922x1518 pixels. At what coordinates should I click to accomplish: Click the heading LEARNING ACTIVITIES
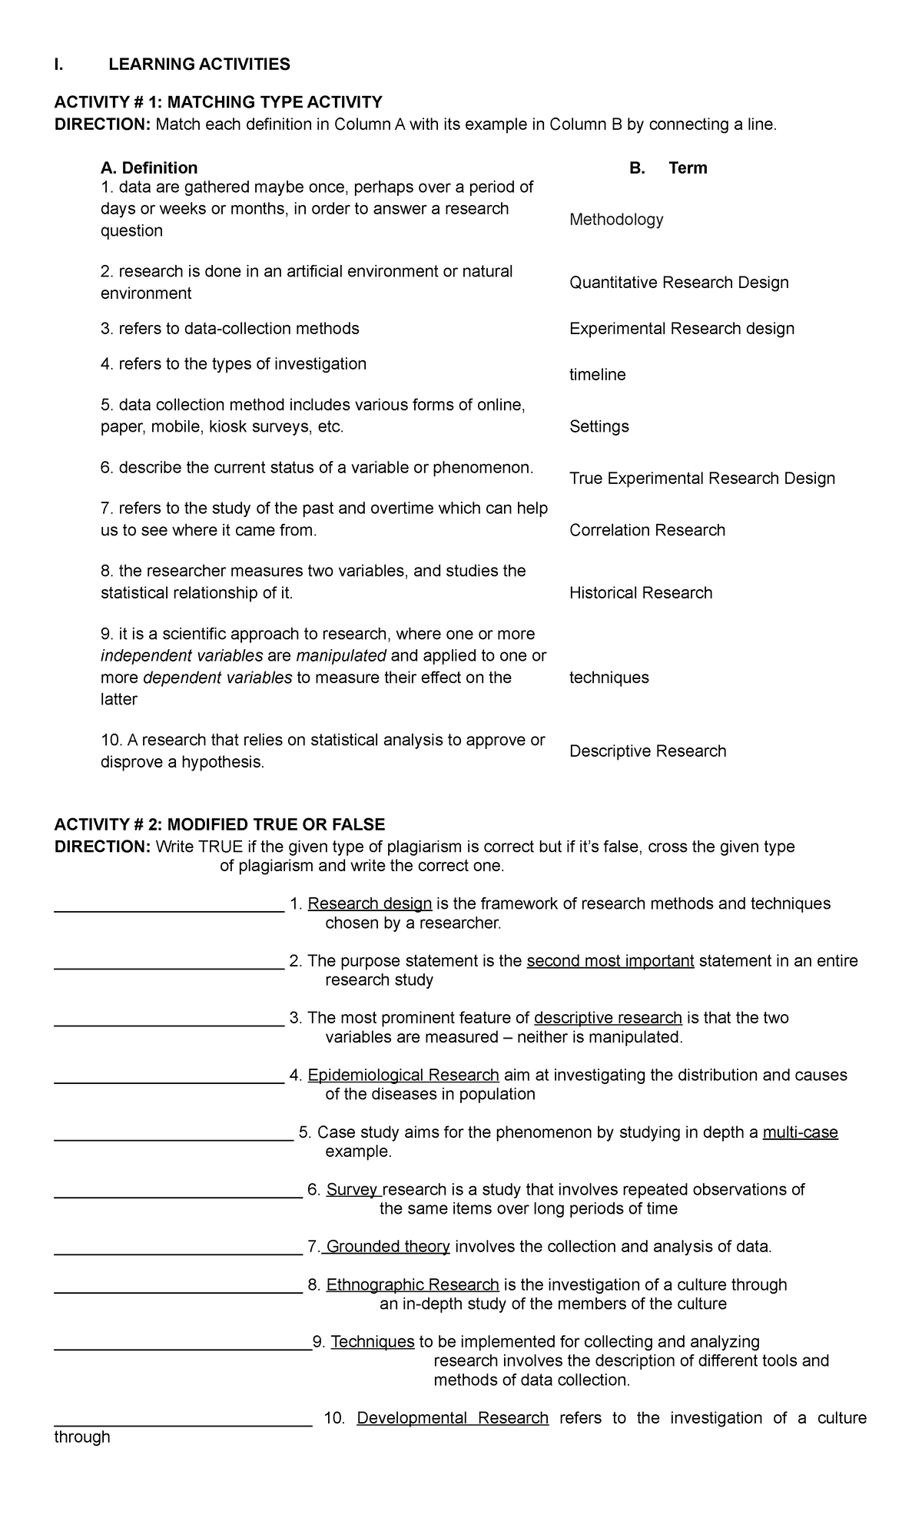click(199, 65)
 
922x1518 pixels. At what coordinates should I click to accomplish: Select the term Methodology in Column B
click(616, 220)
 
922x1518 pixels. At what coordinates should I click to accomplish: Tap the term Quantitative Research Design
click(679, 283)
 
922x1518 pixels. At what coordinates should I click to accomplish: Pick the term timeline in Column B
click(598, 375)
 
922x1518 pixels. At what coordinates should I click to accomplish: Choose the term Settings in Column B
click(599, 426)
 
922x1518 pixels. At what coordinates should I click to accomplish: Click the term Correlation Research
click(647, 530)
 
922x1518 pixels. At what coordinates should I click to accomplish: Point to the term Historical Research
click(641, 593)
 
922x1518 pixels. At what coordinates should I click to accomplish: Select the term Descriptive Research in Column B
click(648, 751)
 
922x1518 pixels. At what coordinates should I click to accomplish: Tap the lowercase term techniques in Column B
click(609, 678)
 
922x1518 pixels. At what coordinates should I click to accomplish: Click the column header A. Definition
click(149, 168)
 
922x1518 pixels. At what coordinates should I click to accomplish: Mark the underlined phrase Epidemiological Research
click(403, 1076)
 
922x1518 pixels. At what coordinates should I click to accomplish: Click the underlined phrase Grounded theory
click(388, 1247)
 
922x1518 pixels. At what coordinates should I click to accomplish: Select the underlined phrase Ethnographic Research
click(413, 1285)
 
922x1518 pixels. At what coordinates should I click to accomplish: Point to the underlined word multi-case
click(800, 1133)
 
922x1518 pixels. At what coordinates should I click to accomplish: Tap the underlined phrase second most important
click(610, 962)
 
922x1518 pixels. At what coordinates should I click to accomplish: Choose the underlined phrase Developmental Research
click(453, 1418)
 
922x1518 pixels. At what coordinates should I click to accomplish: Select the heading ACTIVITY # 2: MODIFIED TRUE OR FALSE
click(220, 825)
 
